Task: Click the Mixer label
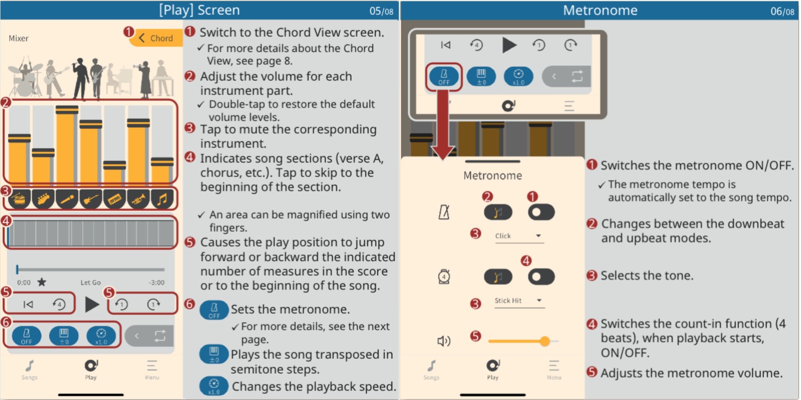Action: click(19, 38)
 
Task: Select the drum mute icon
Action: click(19, 199)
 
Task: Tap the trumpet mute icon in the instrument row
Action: click(138, 199)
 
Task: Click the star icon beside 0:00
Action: click(42, 282)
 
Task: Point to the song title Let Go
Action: click(91, 282)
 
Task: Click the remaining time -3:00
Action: click(156, 282)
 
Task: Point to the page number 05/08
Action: click(381, 11)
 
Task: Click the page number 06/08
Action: click(782, 11)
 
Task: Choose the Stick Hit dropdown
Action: click(519, 301)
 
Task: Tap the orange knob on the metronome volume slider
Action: click(545, 341)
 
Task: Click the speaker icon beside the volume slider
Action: click(444, 341)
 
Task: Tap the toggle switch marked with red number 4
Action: click(541, 277)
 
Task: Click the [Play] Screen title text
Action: click(200, 10)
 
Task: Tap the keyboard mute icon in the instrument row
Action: click(115, 199)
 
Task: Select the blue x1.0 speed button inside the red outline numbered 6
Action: click(101, 336)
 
